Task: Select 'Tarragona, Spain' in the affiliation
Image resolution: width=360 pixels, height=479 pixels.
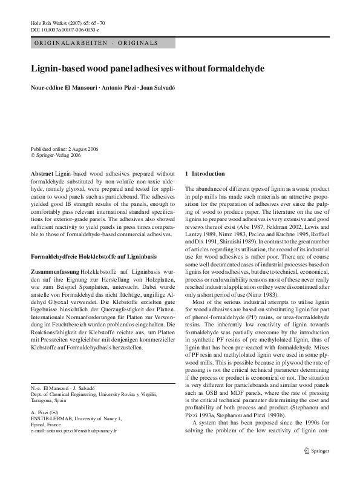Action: pos(50,417)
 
